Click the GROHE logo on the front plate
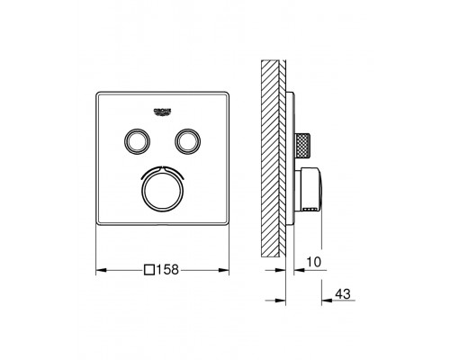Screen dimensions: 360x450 point(163,110)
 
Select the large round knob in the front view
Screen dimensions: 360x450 point(163,187)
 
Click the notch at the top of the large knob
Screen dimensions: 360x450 point(163,166)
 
